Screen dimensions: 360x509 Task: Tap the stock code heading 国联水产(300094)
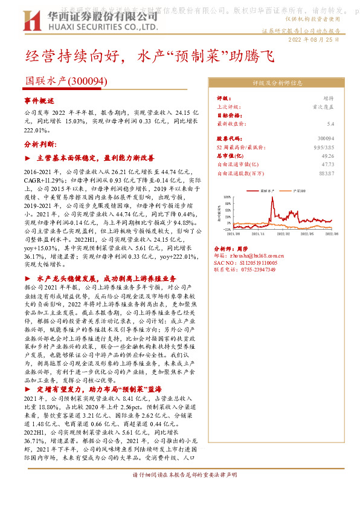(x=66, y=80)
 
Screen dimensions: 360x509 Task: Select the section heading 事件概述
(x=39, y=100)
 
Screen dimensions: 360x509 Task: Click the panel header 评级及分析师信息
(x=277, y=84)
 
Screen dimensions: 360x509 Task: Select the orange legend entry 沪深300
(x=297, y=190)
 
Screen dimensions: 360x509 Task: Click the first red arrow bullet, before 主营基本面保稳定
(x=28, y=158)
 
